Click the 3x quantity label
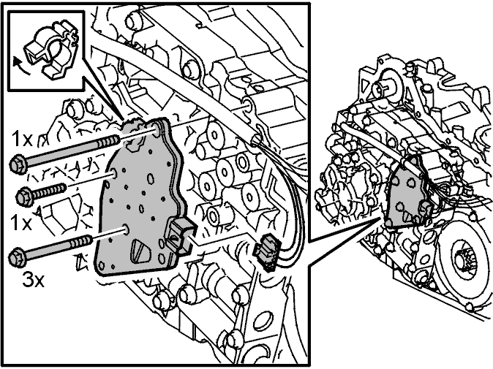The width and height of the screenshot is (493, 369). pyautogui.click(x=33, y=280)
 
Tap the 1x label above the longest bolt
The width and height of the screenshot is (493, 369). pyautogui.click(x=22, y=139)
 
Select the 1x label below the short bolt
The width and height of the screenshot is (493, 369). pyautogui.click(x=21, y=222)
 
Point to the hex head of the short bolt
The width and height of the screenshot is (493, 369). pyautogui.click(x=24, y=197)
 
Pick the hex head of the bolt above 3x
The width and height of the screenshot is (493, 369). pyautogui.click(x=17, y=257)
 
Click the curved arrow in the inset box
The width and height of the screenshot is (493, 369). pyautogui.click(x=20, y=65)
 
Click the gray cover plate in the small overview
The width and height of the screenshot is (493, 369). pyautogui.click(x=406, y=194)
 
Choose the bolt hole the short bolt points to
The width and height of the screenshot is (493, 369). pyautogui.click(x=114, y=173)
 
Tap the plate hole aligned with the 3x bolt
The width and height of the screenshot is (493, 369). pyautogui.click(x=126, y=229)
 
